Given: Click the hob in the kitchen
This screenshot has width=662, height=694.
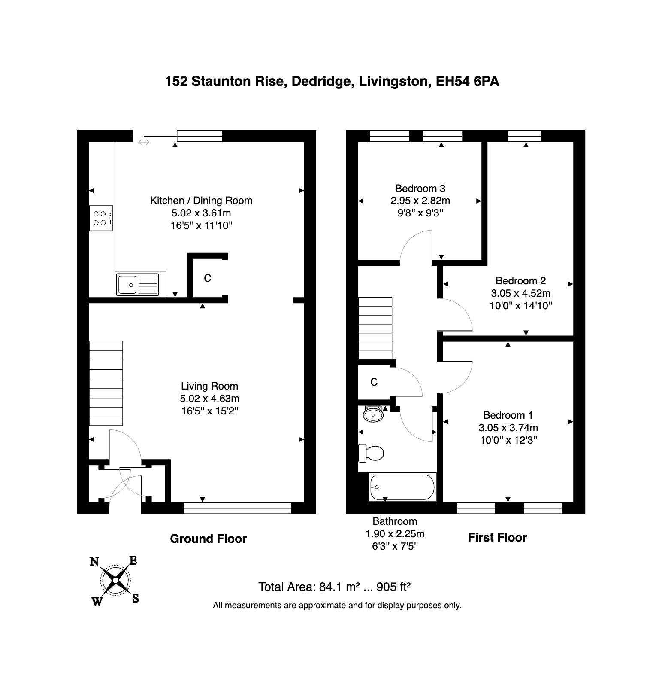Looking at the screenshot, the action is point(101,218).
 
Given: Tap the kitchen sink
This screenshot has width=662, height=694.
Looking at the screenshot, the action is point(138,285).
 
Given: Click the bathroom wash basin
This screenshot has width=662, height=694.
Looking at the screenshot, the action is point(373,414).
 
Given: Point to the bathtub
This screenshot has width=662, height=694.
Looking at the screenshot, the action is point(402,487).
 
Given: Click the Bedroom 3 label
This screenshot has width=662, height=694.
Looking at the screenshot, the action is point(420,189).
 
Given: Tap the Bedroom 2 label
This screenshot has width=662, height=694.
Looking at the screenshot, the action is point(520,281).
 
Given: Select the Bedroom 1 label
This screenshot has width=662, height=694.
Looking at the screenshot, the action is point(508,415).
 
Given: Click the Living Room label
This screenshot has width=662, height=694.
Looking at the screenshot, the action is point(209,386).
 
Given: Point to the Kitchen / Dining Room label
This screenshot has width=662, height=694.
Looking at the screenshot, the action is point(201,201).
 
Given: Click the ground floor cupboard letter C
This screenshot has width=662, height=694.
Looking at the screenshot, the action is point(208,278).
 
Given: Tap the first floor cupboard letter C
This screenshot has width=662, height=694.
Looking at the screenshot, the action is point(374,382).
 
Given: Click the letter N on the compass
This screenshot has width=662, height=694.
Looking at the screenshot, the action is point(94,561).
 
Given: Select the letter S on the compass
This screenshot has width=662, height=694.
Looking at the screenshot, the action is point(135,598).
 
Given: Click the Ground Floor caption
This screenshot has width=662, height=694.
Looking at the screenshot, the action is point(209,539).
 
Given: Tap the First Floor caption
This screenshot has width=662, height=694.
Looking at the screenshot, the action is point(497,538).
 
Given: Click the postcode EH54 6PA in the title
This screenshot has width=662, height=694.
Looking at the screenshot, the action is point(467,82).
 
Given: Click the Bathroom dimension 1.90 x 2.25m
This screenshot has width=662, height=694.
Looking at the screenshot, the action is point(395,534).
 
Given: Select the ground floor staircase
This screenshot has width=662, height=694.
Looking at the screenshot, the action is point(106,383).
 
